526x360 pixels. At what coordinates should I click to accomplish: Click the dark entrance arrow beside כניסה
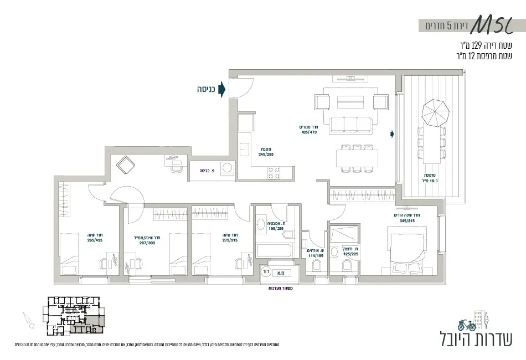coord(221,89)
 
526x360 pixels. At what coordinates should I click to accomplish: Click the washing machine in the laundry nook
coord(226,167)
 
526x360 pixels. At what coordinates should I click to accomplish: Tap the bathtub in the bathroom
coord(274,249)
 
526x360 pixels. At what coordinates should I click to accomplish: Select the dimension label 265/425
coord(95,240)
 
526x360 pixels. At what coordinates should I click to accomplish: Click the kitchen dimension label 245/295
coord(266,155)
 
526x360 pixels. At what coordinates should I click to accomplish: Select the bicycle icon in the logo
coord(467,325)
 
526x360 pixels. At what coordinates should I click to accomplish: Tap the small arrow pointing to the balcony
coord(392,133)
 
